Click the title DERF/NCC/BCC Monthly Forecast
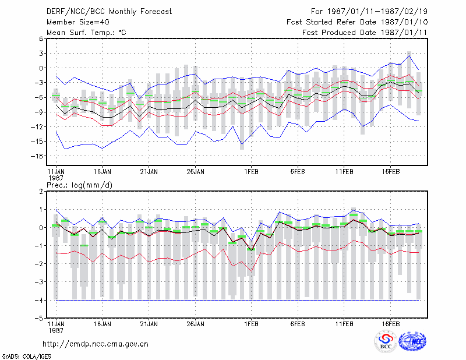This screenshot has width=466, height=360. (x=109, y=12)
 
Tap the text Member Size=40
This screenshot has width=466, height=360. (x=78, y=22)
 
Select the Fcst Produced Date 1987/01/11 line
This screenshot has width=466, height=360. (x=365, y=33)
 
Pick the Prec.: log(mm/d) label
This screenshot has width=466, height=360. (x=79, y=185)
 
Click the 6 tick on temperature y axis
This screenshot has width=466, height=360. (x=41, y=38)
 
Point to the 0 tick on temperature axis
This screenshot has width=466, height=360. (x=41, y=68)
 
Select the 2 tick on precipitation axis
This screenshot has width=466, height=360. (x=41, y=192)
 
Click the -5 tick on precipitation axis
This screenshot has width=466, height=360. (x=39, y=318)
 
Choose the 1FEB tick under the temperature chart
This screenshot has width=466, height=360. (x=251, y=171)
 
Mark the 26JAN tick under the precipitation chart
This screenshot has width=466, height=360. (x=195, y=324)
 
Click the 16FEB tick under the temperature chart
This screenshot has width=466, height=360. (x=390, y=171)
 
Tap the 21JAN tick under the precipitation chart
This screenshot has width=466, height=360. (x=149, y=324)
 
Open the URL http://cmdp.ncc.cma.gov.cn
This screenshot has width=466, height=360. (x=96, y=344)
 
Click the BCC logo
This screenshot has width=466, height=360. (x=386, y=341)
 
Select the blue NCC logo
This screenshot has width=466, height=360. (x=412, y=341)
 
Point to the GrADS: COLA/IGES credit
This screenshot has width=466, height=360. (x=26, y=357)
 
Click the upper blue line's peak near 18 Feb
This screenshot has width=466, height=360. (x=409, y=55)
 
